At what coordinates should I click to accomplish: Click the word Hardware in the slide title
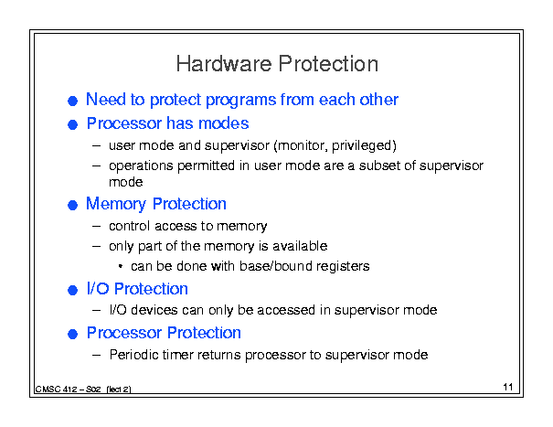[224, 64]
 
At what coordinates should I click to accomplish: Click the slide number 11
[508, 387]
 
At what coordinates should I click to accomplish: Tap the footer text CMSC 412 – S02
[68, 390]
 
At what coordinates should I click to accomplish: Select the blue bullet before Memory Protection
[72, 205]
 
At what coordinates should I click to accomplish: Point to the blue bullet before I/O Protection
[72, 290]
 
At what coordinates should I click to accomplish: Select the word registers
[343, 266]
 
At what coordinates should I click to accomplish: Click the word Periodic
[134, 355]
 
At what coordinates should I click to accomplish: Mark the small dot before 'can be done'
[121, 266]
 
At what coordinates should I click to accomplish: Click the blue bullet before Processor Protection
[72, 334]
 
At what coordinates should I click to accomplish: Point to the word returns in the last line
[219, 355]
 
